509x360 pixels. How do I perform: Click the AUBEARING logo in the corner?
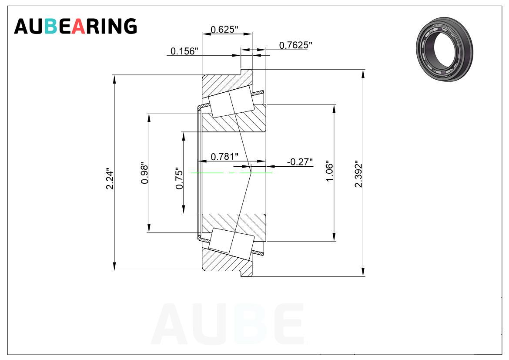pyautogui.click(x=75, y=26)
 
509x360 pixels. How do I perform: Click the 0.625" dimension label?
pyautogui.click(x=224, y=30)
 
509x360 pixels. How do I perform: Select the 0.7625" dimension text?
pyautogui.click(x=296, y=45)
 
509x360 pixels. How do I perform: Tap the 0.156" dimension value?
pyautogui.click(x=184, y=51)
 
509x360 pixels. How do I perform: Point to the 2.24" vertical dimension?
pyautogui.click(x=111, y=179)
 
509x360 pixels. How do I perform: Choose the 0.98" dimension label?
pyautogui.click(x=144, y=174)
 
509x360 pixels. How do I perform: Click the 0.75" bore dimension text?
pyautogui.click(x=179, y=178)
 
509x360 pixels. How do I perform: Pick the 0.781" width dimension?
pyautogui.click(x=224, y=157)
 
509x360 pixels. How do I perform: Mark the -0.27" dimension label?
pyautogui.click(x=300, y=162)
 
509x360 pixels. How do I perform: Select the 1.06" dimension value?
pyautogui.click(x=329, y=171)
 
